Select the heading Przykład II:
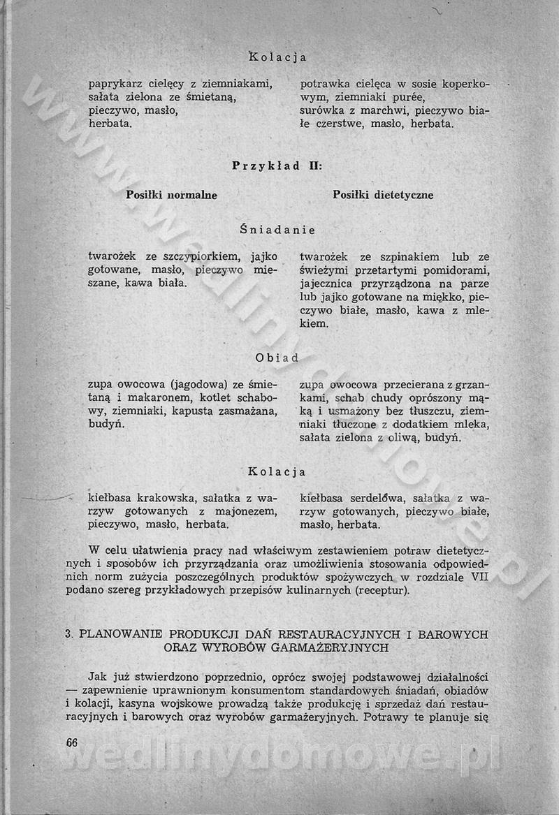tap(277, 166)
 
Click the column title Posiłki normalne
tap(171, 196)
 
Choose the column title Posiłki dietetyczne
tap(383, 196)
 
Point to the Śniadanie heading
tap(277, 230)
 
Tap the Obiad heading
tap(277, 358)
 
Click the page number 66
tap(71, 742)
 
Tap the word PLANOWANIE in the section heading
tap(122, 635)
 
